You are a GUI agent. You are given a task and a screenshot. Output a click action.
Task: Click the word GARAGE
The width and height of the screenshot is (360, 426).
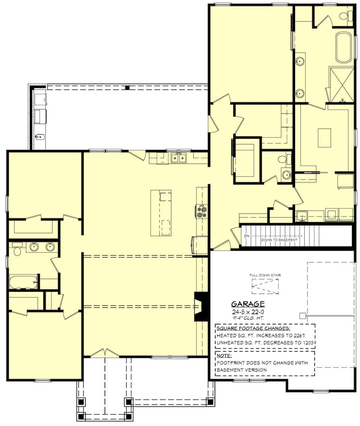[x=248, y=304]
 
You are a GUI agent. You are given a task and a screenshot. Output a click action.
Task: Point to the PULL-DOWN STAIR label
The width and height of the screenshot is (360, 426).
[x=265, y=275]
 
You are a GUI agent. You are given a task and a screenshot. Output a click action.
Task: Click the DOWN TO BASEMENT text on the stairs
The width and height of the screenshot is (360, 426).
[x=279, y=240]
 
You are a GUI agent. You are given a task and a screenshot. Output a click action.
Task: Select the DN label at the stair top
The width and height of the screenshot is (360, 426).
[x=247, y=236]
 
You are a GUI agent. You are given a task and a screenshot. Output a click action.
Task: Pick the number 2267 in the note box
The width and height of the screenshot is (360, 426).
[x=299, y=335]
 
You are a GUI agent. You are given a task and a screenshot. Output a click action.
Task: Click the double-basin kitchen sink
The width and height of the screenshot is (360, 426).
[x=178, y=158]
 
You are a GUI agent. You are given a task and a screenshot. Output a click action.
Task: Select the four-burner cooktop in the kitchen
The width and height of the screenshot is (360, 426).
[x=201, y=212]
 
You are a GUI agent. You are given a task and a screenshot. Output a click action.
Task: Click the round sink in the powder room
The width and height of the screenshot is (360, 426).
[x=286, y=175]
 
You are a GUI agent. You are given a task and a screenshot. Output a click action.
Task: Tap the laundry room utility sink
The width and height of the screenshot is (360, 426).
[x=302, y=215]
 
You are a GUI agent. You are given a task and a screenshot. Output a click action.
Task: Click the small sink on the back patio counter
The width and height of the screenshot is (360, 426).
[x=40, y=136]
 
